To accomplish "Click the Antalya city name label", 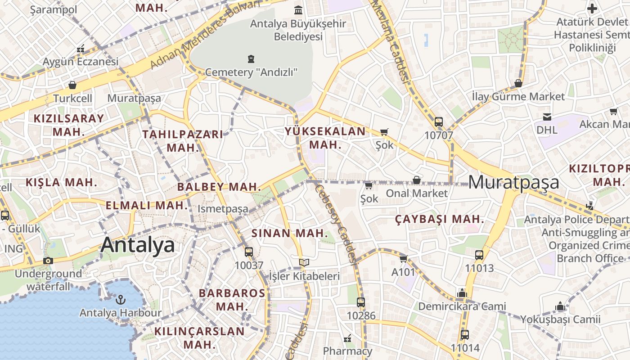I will pos(137,245).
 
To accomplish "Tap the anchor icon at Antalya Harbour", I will pos(120,299).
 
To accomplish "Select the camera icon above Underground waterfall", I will pos(48,261).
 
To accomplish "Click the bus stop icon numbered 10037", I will pos(249,252).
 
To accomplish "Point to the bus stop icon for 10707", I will pos(439,121).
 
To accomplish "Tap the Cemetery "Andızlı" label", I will pos(251,72).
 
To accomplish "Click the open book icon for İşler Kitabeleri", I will pos(304,262).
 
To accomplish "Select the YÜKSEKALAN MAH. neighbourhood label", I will pos(325,138).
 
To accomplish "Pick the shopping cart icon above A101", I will pos(403,259).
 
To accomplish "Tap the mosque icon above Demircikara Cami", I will pos(462,293).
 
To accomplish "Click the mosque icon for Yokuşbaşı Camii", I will pos(560,306).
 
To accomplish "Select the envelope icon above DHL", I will pos(547,117).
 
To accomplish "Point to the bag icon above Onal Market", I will pos(417,180).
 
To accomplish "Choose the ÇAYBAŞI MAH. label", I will pos(440,220).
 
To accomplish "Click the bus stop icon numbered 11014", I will pos(465,335).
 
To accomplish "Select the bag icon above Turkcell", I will pos(72,85).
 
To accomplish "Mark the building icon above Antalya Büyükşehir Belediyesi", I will pos(298,10).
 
